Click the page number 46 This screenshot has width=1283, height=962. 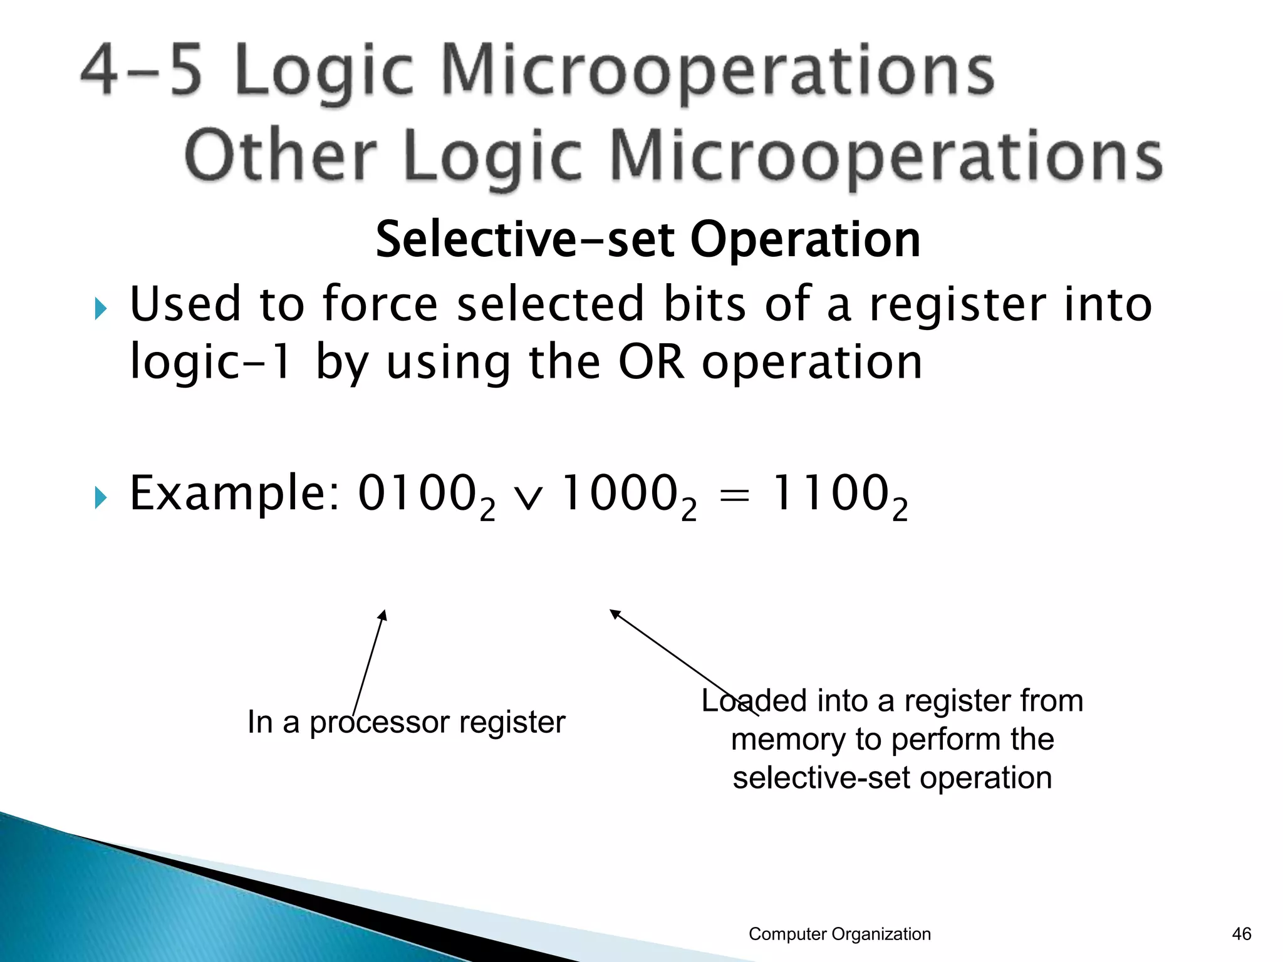click(x=1241, y=934)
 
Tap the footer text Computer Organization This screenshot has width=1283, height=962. click(x=839, y=934)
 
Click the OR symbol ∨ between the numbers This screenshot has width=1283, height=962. click(x=527, y=499)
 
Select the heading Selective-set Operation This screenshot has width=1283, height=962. click(x=648, y=239)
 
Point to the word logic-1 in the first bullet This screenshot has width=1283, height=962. click(x=210, y=364)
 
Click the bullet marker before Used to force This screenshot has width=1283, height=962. click(x=100, y=308)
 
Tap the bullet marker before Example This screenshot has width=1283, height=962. click(x=100, y=498)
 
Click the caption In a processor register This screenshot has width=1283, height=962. click(x=406, y=722)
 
